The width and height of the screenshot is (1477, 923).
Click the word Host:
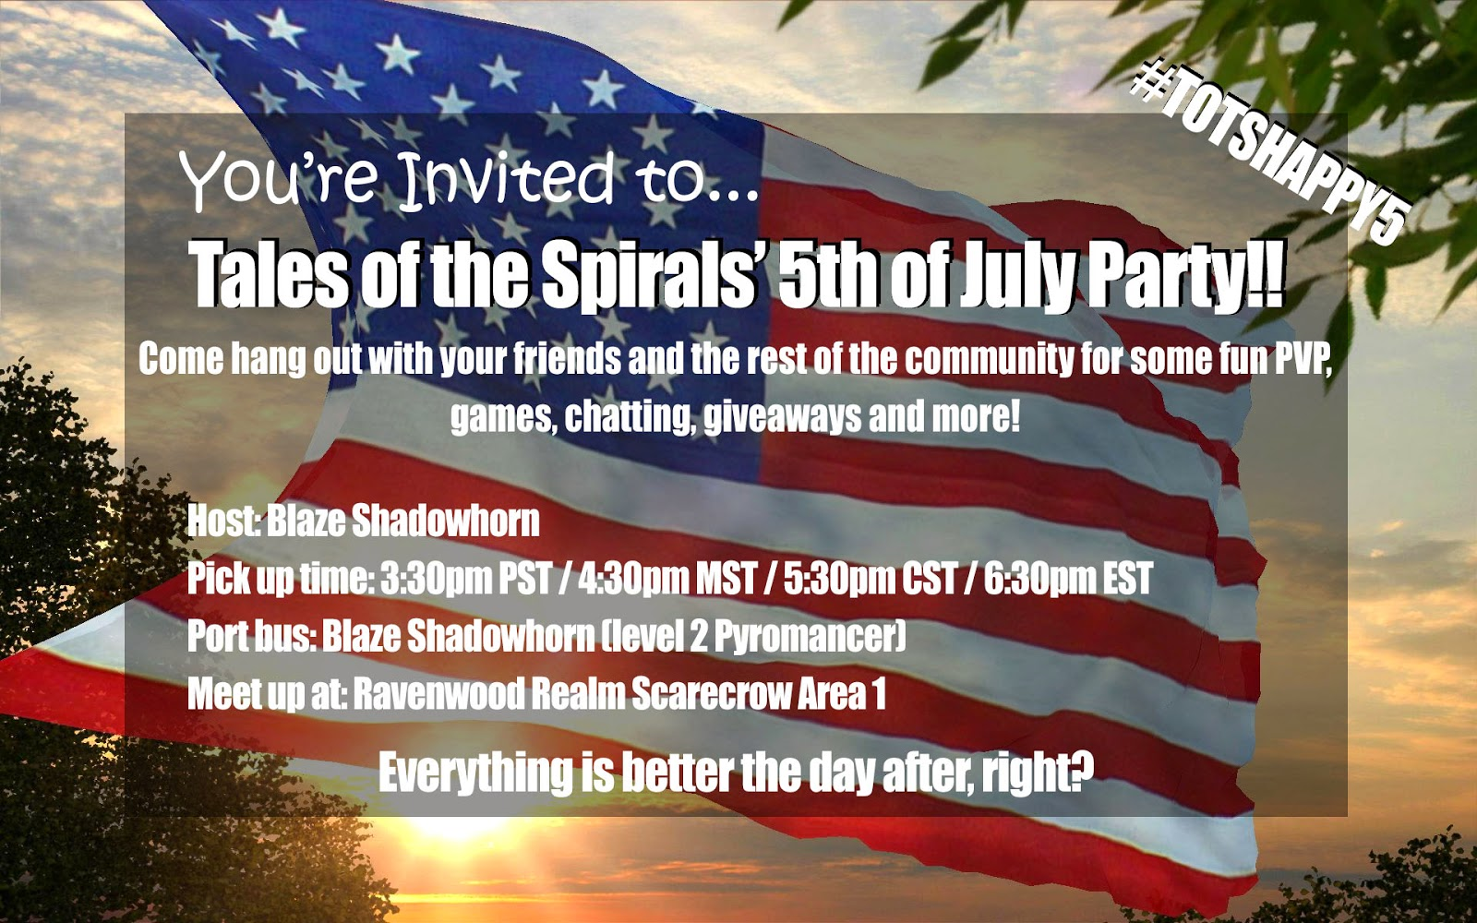[x=224, y=521]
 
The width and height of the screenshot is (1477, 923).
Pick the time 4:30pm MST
[x=666, y=578]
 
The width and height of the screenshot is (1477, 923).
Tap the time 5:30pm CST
[x=870, y=578]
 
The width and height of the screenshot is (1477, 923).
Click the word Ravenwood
[x=438, y=693]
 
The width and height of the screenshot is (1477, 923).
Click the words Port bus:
[x=253, y=636]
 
